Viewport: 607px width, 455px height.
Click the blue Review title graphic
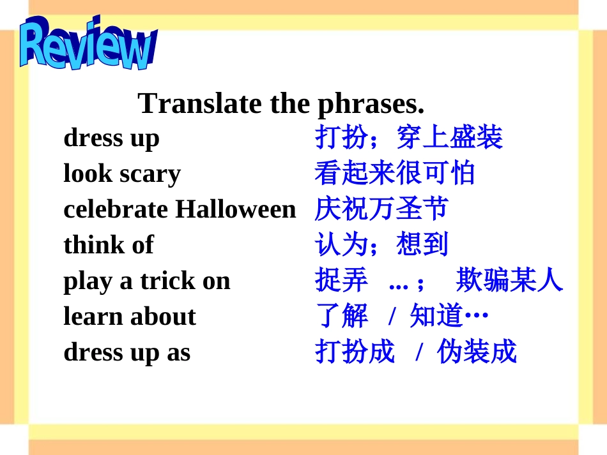[87, 45]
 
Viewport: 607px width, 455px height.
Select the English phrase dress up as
[127, 352]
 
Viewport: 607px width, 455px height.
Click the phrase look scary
[122, 174]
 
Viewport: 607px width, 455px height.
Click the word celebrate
[116, 209]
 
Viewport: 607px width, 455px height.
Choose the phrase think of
[109, 245]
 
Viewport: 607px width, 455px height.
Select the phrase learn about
[130, 317]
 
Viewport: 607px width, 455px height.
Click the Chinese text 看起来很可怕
[394, 173]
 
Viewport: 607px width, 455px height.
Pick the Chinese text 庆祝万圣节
[381, 209]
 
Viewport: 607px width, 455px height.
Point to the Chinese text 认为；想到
[381, 244]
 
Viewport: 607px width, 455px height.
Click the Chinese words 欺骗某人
[509, 280]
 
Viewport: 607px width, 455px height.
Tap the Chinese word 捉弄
[341, 280]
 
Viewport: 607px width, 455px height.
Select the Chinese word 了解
[341, 316]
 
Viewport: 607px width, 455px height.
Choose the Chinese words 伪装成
[476, 352]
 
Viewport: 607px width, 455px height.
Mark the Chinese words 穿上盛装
[449, 137]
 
